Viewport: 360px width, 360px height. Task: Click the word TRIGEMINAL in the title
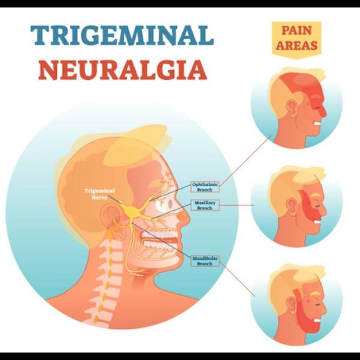(122, 36)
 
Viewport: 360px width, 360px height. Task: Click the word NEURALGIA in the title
(123, 70)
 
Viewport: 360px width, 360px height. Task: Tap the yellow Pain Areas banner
(296, 39)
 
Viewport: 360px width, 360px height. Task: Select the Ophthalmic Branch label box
(205, 187)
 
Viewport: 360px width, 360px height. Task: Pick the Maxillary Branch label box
(205, 205)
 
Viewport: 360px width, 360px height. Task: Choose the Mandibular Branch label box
(205, 261)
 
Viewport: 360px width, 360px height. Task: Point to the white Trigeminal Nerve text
(100, 194)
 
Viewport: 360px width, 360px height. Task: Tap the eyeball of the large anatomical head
(164, 203)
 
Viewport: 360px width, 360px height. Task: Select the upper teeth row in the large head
(159, 235)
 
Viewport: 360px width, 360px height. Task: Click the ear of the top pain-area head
(292, 107)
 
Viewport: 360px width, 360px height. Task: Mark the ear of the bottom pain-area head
(292, 304)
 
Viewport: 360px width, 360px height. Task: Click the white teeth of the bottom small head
(317, 320)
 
